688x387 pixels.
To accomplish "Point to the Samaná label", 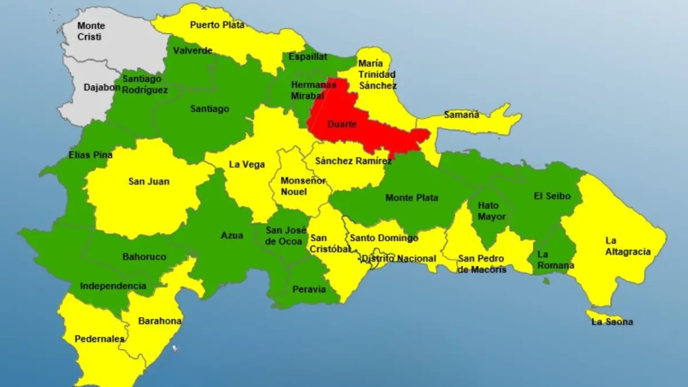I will coord(462,115).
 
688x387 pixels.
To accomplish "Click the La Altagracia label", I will coord(628,246).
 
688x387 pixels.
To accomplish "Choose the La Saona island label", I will coord(612,322).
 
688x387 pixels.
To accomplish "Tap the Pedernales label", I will coord(99,339).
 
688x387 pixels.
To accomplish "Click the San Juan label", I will coord(144,182).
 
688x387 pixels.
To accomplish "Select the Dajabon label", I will coord(102,88).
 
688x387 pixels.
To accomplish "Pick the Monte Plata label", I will coord(412,198).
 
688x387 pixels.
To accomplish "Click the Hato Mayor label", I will coord(492,211).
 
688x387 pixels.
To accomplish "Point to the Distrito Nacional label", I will coord(398,259).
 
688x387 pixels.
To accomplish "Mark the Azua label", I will coord(232,235).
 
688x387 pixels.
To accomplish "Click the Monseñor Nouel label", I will coord(303,186).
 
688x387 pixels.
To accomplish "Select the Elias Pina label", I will coord(90,155).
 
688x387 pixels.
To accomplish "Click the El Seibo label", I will coord(552,196).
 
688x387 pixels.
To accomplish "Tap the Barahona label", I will coord(160,321).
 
